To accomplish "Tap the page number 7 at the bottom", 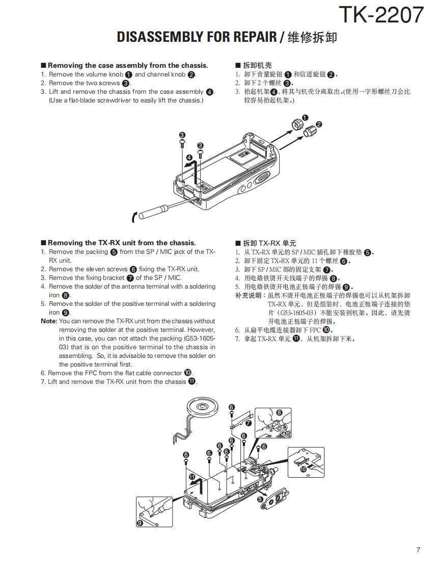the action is click(418, 550).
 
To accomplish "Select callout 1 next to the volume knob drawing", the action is click(305, 118).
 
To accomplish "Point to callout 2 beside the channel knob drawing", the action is click(319, 124).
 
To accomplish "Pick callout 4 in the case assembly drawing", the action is click(189, 158).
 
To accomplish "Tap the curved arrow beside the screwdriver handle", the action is click(134, 217).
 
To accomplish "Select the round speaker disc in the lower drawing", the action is click(202, 407).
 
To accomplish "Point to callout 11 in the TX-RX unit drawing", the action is click(192, 477).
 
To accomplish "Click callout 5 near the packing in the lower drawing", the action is click(260, 499).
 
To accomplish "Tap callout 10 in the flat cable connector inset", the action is click(304, 469).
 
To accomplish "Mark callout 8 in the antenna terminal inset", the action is click(279, 412).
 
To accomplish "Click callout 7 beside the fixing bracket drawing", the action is click(248, 423).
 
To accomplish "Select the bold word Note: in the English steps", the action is click(49, 321).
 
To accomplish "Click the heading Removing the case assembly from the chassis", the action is click(128, 65).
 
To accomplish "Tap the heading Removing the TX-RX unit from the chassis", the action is click(121, 243).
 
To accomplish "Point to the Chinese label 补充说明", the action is click(248, 295).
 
